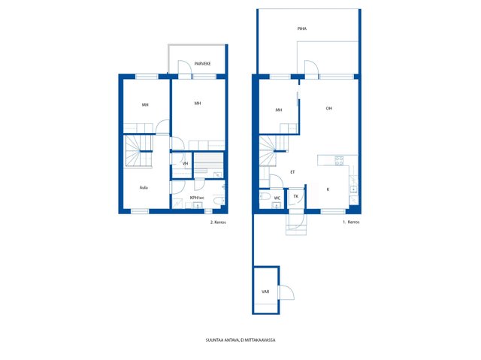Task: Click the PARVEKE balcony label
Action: pos(202,64)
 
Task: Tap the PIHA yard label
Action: pos(302,29)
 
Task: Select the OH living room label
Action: pos(329,108)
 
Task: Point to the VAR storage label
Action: pos(265,292)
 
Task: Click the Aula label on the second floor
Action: pos(144,187)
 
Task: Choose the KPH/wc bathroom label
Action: pos(197,198)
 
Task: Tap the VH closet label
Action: pos(185,164)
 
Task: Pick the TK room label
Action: pos(295,196)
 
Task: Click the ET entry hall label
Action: pos(292,172)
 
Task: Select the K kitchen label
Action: pos(328,189)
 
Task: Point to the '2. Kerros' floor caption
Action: pos(218,222)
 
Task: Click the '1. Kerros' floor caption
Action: pos(351,222)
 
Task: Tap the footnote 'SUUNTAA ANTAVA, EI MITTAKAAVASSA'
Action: pos(240,340)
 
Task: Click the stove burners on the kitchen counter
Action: pos(339,161)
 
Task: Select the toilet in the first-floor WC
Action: pos(265,196)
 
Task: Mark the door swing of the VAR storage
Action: pos(286,292)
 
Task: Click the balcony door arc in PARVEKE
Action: pos(185,68)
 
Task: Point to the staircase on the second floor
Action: pos(138,151)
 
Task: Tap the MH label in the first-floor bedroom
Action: pos(279,110)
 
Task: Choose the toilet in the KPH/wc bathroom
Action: pos(219,201)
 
